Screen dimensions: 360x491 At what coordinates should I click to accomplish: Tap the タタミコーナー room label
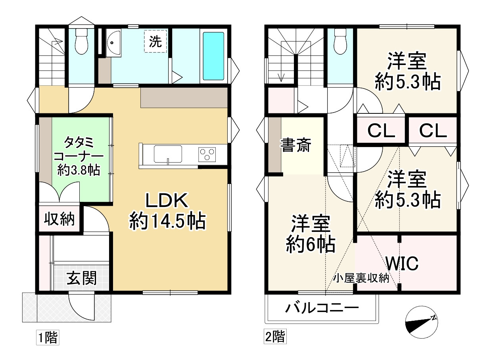tap(78, 156)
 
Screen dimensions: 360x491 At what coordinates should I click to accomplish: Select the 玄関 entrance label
tap(81, 279)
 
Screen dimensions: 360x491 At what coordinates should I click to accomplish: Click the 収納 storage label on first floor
tap(59, 219)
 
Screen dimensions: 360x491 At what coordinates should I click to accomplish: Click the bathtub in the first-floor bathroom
tap(214, 56)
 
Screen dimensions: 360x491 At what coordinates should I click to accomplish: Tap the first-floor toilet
tap(81, 42)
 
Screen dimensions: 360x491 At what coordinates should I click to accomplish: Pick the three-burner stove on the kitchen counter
tap(207, 153)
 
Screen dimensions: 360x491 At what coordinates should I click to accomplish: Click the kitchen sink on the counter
tap(168, 153)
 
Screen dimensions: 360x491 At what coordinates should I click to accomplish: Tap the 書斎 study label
tap(296, 146)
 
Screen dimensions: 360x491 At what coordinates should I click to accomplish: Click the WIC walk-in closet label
tap(402, 263)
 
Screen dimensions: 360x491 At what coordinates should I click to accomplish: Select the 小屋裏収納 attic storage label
tap(361, 278)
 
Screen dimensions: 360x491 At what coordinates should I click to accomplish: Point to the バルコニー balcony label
tap(322, 308)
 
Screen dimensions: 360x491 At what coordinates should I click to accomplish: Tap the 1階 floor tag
tap(48, 338)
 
